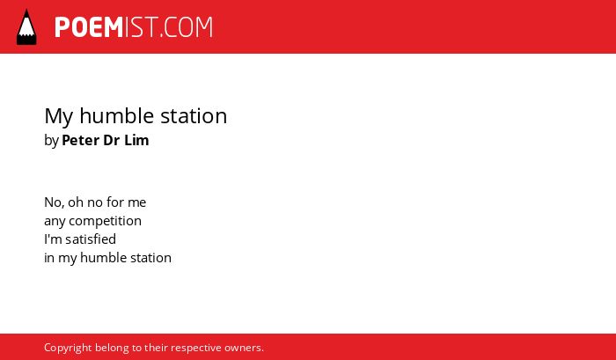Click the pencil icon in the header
26,26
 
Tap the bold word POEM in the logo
89,27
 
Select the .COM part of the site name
187,27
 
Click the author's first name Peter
81,140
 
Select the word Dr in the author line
112,140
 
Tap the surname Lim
136,140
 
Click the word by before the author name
51,141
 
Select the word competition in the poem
105,221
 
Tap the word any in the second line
55,222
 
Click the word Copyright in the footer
68,349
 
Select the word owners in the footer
242,349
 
